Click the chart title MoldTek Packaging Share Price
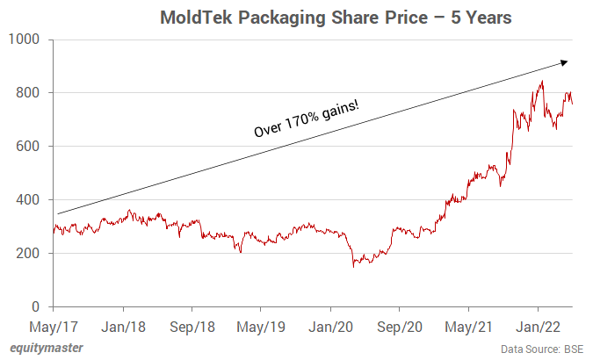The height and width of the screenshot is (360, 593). pyautogui.click(x=324, y=18)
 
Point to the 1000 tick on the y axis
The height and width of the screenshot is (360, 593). pyautogui.click(x=25, y=40)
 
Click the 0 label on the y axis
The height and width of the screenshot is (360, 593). pyautogui.click(x=38, y=307)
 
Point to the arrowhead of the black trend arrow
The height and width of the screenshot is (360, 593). pyautogui.click(x=565, y=61)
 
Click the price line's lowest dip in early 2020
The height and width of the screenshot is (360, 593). pyautogui.click(x=353, y=266)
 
